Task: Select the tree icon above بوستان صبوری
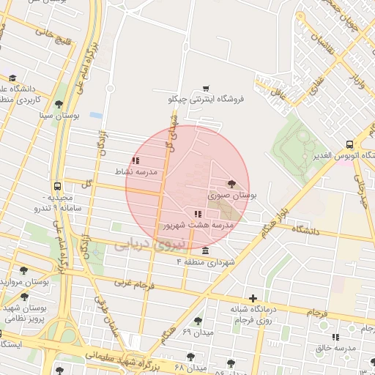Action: point(232,184)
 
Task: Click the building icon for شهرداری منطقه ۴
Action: point(204,250)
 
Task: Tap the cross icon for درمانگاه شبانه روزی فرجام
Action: point(253,298)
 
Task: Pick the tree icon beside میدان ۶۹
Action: point(198,321)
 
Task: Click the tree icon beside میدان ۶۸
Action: point(191,357)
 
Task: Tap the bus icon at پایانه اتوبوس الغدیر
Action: point(350,144)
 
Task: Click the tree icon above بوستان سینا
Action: point(59,104)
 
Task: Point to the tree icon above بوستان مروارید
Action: point(24,270)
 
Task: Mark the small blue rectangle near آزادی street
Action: point(95,115)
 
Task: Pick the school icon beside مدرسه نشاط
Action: point(135,160)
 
